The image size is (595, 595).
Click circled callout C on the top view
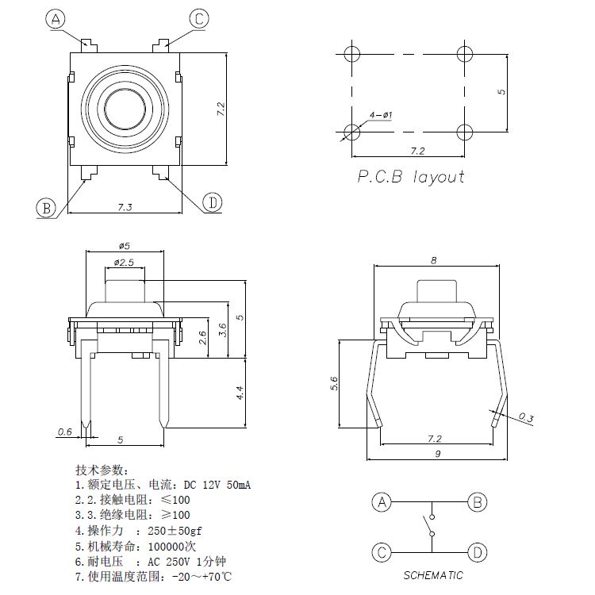pyautogui.click(x=199, y=18)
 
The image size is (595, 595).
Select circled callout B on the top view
pyautogui.click(x=46, y=209)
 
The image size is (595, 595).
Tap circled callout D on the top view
pyautogui.click(x=212, y=203)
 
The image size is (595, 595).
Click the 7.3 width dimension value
pyautogui.click(x=125, y=207)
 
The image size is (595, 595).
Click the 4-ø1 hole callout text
pyautogui.click(x=381, y=116)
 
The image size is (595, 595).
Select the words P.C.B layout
pyautogui.click(x=410, y=177)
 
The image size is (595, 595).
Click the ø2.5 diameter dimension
pyautogui.click(x=125, y=262)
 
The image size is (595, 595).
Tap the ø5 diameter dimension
pyautogui.click(x=125, y=246)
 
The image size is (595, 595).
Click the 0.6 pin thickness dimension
pyautogui.click(x=64, y=432)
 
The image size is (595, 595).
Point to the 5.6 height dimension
pyautogui.click(x=334, y=384)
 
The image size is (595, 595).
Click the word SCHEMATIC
pyautogui.click(x=432, y=576)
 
